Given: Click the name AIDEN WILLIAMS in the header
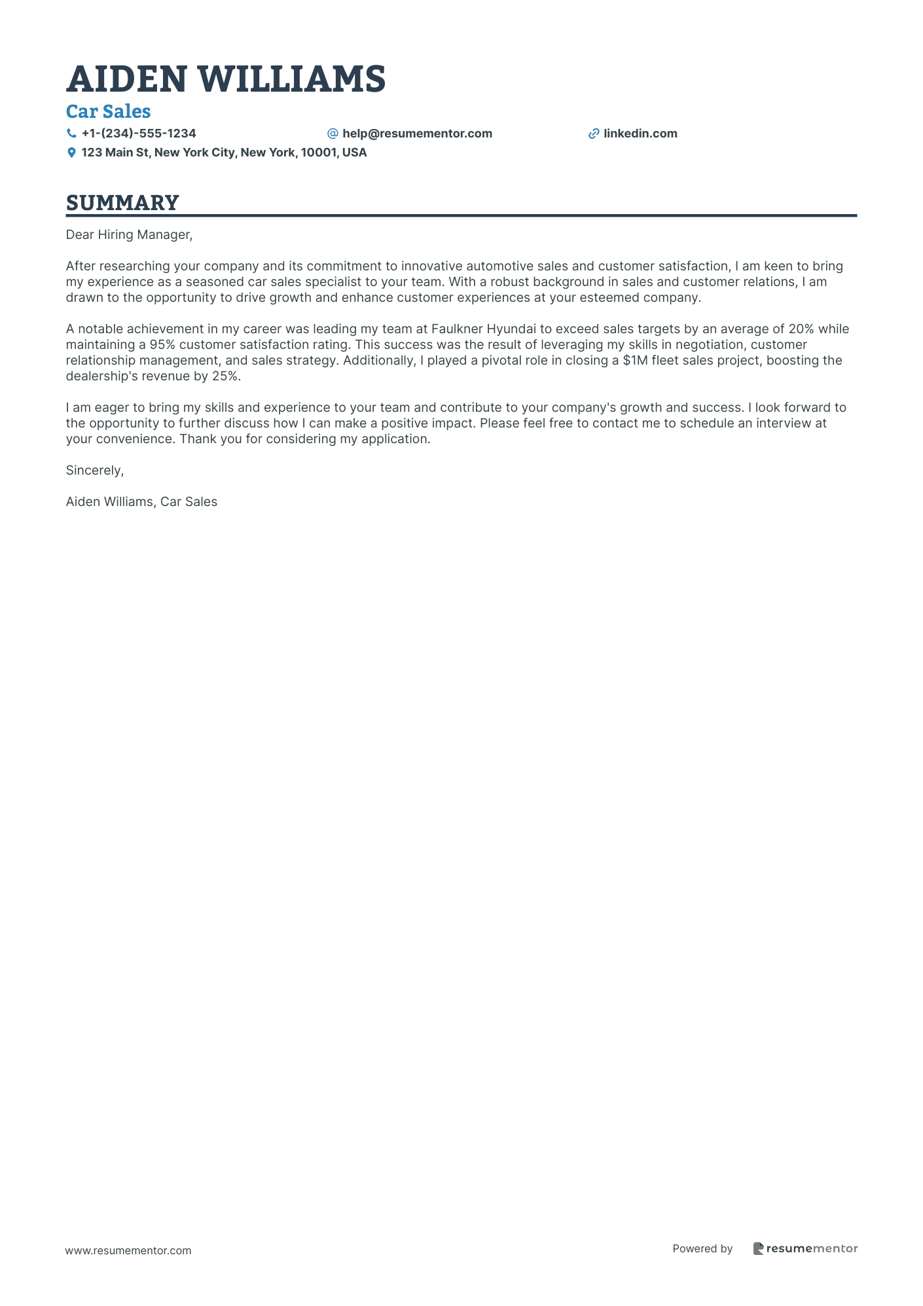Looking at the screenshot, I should [226, 79].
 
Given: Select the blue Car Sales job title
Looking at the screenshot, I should [109, 112].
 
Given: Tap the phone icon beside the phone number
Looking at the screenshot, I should [71, 134].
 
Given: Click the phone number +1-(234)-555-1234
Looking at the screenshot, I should [139, 134].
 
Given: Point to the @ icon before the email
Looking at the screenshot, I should [333, 134].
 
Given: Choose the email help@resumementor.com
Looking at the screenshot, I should [417, 134].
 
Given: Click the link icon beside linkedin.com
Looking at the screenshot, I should [594, 134].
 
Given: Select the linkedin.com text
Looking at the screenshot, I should [640, 134].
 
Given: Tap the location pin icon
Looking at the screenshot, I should [71, 153].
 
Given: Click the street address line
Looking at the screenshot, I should [224, 153].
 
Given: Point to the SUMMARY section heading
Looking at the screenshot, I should [122, 203].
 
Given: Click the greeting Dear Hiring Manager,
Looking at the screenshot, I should [129, 234].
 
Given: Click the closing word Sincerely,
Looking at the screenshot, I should [95, 470].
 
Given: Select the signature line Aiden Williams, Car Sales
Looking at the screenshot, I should [141, 501].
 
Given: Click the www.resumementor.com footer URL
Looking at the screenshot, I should [128, 1250].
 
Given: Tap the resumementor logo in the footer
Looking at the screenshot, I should [805, 1248].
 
